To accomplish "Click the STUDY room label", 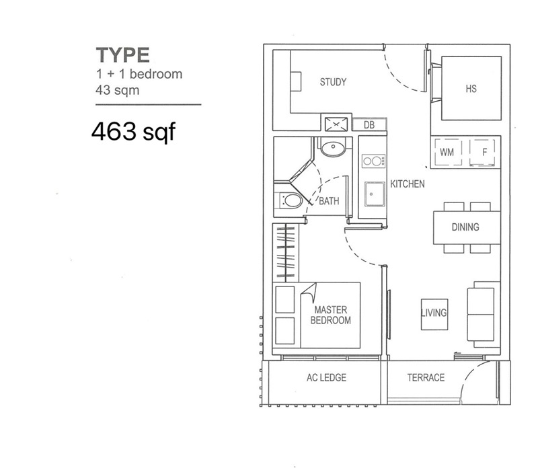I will [333, 82].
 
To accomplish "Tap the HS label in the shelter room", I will [471, 89].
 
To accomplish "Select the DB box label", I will [369, 124].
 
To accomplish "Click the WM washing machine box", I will [447, 152].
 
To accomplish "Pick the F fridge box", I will [484, 152].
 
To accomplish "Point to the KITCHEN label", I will [408, 184].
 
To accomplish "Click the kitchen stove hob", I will [373, 161].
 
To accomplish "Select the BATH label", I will [329, 201].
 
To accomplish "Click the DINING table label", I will [465, 227].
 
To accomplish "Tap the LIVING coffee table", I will [434, 313].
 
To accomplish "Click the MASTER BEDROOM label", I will [330, 315].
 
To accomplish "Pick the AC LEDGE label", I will [325, 378].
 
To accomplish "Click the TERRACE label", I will [425, 378].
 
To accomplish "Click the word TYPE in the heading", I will [122, 54].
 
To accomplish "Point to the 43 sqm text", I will [117, 90].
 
